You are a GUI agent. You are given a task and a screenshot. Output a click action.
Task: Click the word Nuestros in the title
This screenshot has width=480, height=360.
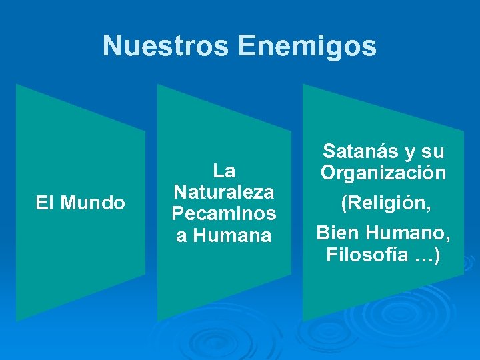tap(167, 47)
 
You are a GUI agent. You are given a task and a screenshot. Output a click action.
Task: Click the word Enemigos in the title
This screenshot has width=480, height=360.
tap(307, 47)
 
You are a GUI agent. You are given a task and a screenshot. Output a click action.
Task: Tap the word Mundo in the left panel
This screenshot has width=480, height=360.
tap(93, 203)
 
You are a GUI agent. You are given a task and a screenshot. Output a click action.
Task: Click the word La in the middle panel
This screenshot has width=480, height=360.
tap(224, 171)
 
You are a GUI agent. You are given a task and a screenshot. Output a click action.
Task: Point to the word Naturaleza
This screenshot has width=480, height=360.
tap(224, 193)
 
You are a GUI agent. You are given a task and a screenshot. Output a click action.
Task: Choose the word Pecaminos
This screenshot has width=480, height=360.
tap(224, 214)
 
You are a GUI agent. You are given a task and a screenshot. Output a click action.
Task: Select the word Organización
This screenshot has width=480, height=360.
tap(383, 173)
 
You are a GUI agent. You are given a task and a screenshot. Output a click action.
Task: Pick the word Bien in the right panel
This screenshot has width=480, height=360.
tap(337, 233)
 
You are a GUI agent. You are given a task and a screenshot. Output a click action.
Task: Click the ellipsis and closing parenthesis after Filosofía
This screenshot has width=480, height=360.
tap(427, 255)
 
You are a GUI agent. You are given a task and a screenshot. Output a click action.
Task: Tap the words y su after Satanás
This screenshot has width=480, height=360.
tap(423, 152)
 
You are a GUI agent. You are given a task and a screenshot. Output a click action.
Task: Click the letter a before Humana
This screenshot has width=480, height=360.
tap(181, 236)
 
